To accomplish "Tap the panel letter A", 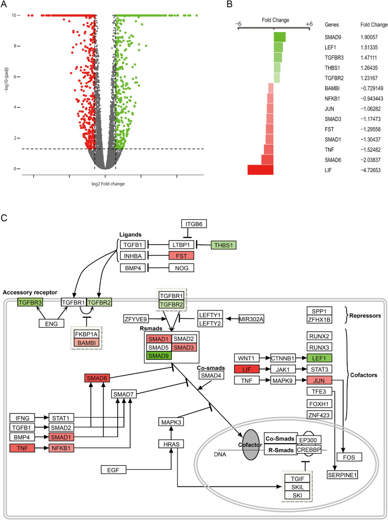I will point(5,5).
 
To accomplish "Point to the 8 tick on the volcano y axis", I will point(16,46).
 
